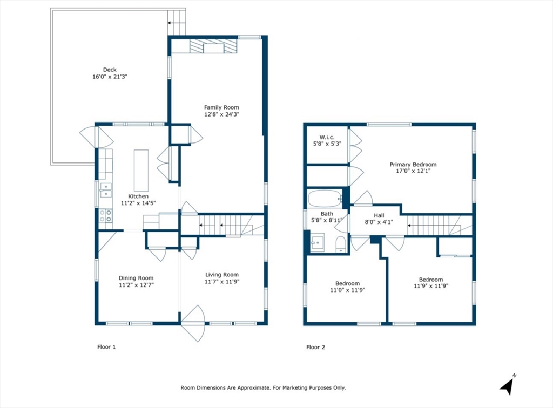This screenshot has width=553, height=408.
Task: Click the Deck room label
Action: [110, 70]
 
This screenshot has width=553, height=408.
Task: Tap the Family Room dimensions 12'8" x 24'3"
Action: [221, 114]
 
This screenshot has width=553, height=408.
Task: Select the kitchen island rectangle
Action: [141, 170]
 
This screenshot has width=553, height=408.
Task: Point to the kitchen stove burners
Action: [105, 216]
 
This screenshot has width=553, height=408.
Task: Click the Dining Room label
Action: [136, 278]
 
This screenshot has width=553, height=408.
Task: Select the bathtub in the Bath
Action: [325, 199]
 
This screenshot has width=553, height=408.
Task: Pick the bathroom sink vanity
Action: [318, 243]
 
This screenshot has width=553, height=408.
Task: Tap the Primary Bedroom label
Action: [413, 165]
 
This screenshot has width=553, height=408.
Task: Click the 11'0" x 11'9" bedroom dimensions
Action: [347, 290]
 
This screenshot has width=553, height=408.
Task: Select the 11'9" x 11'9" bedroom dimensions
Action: [431, 286]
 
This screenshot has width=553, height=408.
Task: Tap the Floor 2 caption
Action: [315, 347]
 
